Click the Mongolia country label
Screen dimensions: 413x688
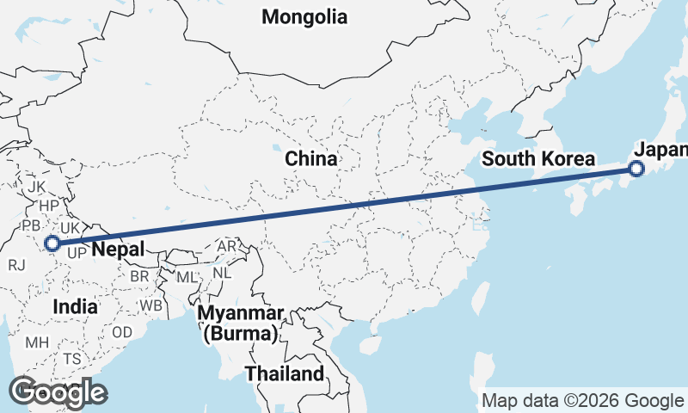(305, 16)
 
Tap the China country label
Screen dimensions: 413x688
(311, 159)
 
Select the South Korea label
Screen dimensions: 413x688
(538, 159)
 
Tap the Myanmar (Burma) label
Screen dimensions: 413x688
(241, 323)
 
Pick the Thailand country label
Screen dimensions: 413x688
(285, 373)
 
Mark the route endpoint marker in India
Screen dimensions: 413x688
(52, 243)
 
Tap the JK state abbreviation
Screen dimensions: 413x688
(36, 187)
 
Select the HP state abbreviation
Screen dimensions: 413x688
(49, 206)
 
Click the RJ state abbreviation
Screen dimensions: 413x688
(16, 265)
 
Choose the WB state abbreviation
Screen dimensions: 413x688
(151, 305)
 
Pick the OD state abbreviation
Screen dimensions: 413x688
(122, 332)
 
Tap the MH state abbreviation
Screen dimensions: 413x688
(37, 342)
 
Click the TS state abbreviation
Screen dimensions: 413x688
(71, 359)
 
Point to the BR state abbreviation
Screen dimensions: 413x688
(139, 276)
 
